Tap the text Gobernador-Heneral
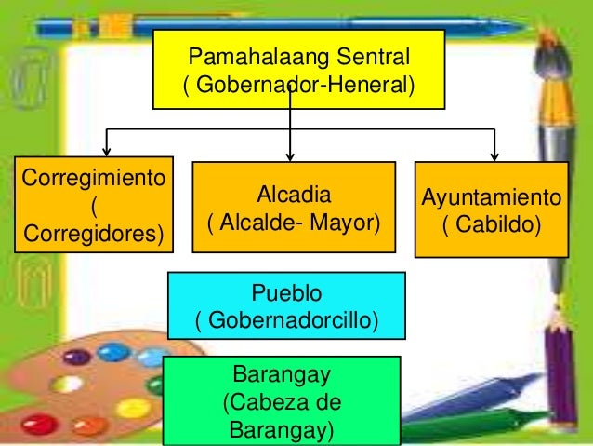pos(299,86)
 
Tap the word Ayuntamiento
pos(491,198)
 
